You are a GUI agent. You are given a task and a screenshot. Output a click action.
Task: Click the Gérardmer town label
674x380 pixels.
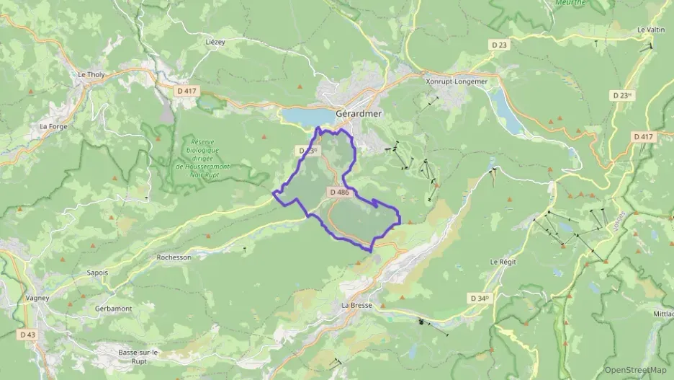click(359, 114)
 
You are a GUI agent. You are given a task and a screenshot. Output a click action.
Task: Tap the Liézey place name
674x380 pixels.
click(215, 42)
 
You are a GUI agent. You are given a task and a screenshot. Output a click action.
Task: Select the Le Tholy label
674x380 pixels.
click(91, 74)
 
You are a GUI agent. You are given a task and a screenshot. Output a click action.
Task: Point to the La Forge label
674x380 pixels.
click(53, 126)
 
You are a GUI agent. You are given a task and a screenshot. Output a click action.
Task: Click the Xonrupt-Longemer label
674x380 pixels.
click(457, 81)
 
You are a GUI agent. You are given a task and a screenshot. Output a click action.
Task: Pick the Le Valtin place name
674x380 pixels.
click(650, 30)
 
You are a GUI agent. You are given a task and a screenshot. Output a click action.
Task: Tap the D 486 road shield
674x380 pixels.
click(338, 193)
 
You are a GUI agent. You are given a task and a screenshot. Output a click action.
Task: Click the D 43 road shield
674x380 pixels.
click(27, 335)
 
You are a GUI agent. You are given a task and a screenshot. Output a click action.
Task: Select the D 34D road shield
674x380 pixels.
click(480, 298)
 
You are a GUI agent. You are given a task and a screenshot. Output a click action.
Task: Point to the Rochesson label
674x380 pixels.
click(174, 257)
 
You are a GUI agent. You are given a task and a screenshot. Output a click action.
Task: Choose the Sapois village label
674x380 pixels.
click(97, 273)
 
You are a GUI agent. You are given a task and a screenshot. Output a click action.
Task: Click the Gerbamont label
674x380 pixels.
click(113, 308)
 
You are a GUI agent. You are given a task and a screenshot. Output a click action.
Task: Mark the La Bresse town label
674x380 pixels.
click(356, 305)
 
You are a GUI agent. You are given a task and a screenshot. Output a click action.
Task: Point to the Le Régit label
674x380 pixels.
click(503, 261)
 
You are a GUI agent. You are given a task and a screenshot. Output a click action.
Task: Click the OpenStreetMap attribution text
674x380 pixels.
click(635, 370)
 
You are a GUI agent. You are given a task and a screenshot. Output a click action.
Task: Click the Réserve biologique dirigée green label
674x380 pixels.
click(207, 157)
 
